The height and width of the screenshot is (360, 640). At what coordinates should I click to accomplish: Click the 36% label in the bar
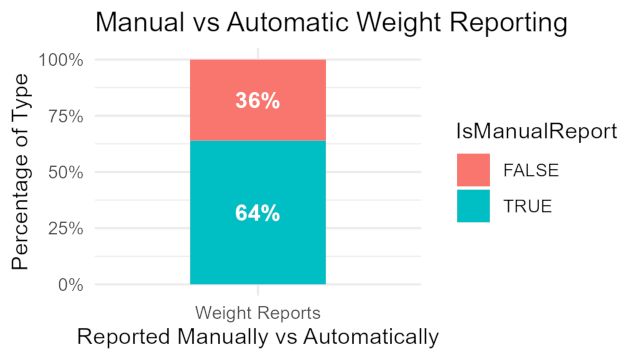tap(257, 101)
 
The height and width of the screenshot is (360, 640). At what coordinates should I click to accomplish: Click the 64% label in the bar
tap(257, 213)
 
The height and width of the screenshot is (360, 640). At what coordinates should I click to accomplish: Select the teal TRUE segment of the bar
tap(257, 250)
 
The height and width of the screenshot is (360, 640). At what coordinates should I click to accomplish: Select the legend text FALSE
tap(529, 170)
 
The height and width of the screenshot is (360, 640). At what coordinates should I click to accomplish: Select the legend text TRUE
tap(525, 206)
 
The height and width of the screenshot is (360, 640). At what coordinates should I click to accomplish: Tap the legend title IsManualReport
tap(535, 131)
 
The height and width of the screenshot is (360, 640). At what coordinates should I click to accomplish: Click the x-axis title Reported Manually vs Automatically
tap(257, 337)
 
